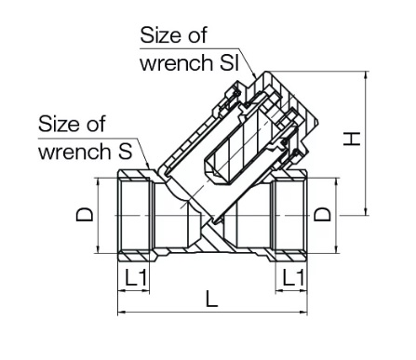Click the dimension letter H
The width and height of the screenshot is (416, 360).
(x=352, y=139)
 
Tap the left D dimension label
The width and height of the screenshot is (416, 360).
(x=85, y=215)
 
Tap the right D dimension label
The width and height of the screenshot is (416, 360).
(x=323, y=214)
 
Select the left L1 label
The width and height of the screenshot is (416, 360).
(x=136, y=277)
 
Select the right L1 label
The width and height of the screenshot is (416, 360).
(x=293, y=277)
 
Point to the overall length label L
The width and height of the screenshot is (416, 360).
(x=212, y=299)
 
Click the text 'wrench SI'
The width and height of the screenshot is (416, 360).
(x=189, y=63)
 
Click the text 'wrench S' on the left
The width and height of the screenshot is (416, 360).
(x=86, y=152)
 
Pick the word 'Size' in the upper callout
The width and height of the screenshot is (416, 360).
(x=160, y=35)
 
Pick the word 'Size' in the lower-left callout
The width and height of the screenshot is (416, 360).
(x=58, y=124)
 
